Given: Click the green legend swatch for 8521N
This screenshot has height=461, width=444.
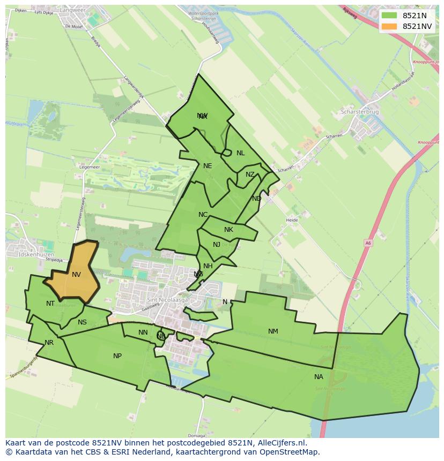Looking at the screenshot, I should pos(389,16).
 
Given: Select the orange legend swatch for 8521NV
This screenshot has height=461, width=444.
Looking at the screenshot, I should pos(389,26).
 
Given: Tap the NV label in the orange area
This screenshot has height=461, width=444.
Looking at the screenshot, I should pos(76,275).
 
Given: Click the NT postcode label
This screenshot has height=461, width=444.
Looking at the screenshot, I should pos(50,304).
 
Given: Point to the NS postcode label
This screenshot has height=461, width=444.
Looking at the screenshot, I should pos(82,322).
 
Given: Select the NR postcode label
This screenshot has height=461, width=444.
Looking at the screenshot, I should pos(49,343).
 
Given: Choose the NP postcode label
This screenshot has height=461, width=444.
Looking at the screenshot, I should pos(117,356).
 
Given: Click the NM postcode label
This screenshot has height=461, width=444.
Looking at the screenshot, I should pos(273,331).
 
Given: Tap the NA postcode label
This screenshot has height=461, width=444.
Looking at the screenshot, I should pos(319,377).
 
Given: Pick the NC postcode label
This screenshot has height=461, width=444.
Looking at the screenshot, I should pos(203,215).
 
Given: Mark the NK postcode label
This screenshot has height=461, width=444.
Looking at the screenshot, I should pos(228,230).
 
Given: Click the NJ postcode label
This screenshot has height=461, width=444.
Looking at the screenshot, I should pos(217,245).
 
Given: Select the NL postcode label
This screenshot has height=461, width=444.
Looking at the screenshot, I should pos(240,153).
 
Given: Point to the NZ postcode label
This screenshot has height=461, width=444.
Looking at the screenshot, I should pos(250,175).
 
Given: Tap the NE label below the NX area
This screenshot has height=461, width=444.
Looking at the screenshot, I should pos(208,166).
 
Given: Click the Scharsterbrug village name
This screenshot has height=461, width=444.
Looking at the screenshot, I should pos(360,112).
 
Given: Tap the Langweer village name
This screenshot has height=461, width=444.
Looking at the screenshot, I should pos(76,10).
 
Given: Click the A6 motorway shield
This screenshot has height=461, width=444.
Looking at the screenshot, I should pos(367,243).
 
